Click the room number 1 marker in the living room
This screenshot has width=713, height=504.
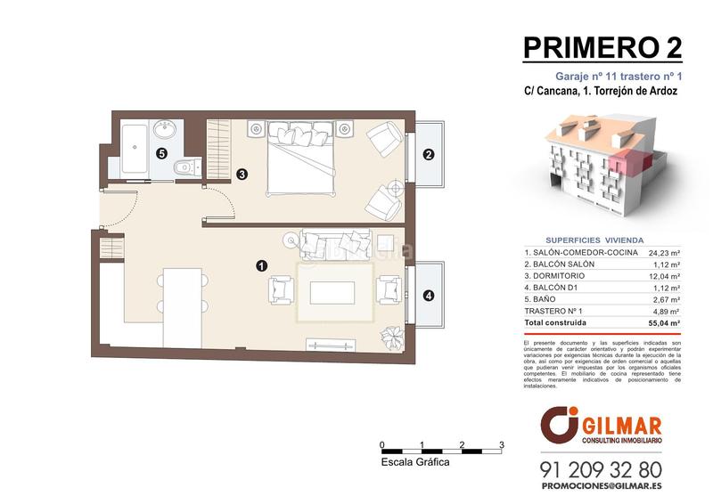pos(260,264)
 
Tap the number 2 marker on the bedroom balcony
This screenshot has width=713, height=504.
pos(429,154)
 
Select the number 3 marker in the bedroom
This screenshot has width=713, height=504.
pos(242,175)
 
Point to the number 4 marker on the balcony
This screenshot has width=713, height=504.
pos(429,296)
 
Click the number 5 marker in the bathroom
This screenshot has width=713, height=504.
pos(161,153)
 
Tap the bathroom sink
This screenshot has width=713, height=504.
pos(166,128)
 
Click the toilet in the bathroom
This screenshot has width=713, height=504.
pos(185,165)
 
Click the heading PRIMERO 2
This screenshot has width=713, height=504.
pos(602,47)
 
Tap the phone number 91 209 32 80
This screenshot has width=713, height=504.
pos(601,468)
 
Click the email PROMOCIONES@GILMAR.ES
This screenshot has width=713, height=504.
pos(601,487)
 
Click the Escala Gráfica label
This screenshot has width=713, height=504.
pos(414,462)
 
